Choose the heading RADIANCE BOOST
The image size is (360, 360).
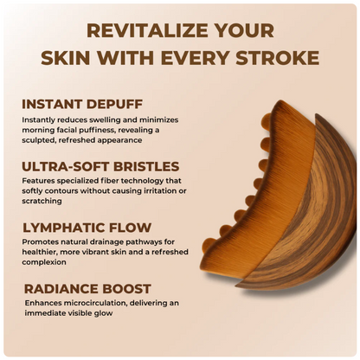click(x=87, y=288)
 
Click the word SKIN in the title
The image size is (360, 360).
click(x=65, y=58)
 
